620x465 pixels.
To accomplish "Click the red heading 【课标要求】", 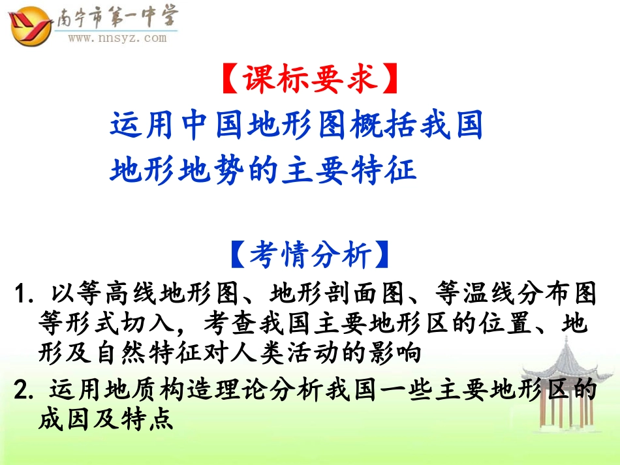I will (x=309, y=80).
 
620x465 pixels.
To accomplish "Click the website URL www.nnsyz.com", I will (x=117, y=38).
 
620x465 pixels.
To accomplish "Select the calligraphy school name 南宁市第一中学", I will (x=117, y=18).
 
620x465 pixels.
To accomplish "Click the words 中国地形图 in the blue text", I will (x=243, y=125).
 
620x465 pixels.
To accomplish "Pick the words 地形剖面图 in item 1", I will (x=338, y=294).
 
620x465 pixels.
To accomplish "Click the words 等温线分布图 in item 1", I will (x=513, y=294).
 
